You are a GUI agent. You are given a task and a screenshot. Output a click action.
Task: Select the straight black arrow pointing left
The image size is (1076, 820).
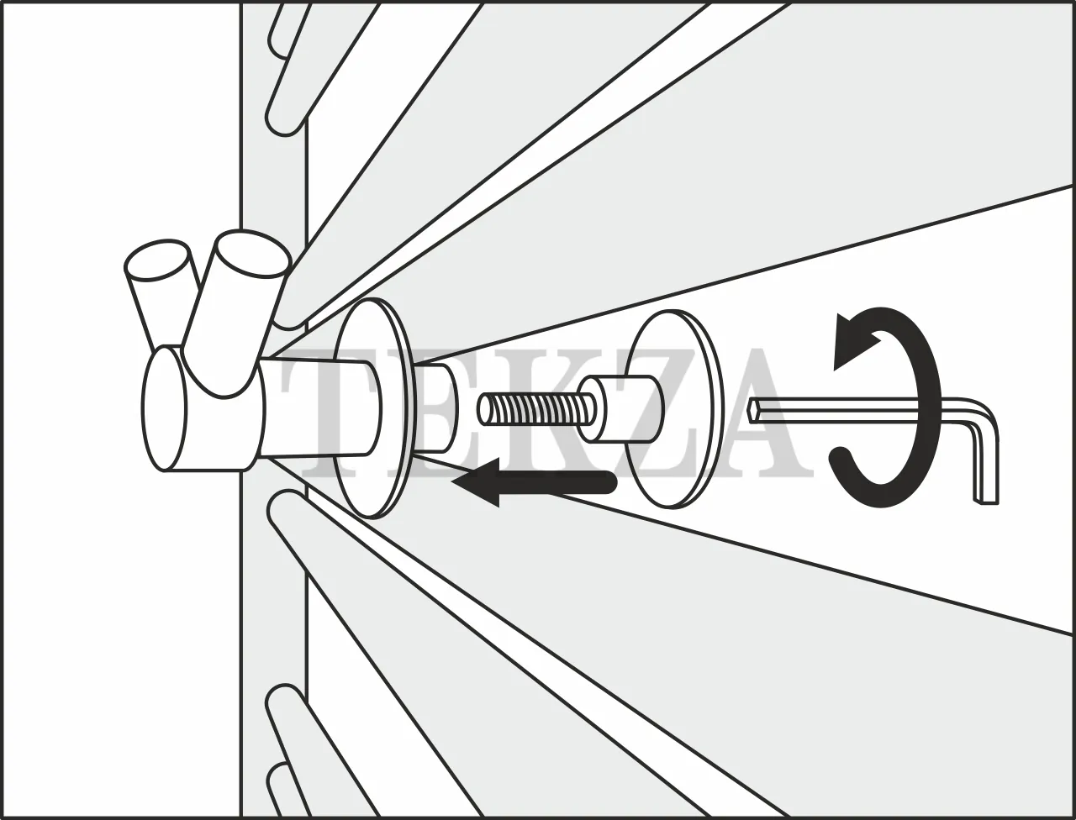[x=532, y=483]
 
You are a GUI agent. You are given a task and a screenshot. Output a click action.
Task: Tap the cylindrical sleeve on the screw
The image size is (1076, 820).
[x=620, y=408]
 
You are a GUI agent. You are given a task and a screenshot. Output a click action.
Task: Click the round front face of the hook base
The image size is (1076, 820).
[x=165, y=409]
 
